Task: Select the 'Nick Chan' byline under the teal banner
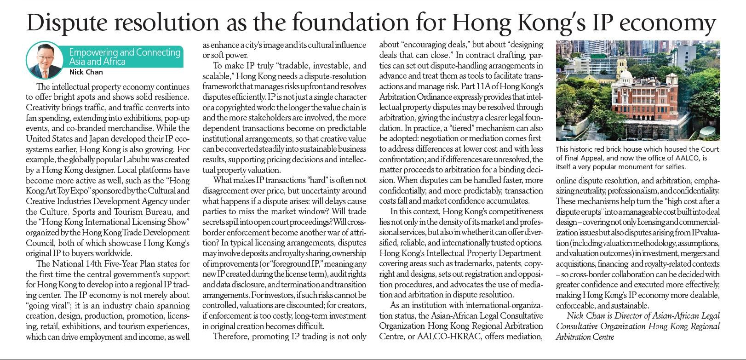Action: [86, 72]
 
